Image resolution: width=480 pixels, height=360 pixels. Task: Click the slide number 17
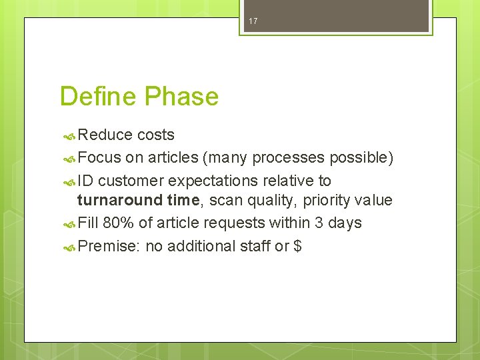point(253,22)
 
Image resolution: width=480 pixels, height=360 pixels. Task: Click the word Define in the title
point(95,97)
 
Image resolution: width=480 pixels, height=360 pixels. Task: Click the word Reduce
point(105,135)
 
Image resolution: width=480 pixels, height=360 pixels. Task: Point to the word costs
point(156,135)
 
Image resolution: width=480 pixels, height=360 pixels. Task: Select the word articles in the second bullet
point(173,157)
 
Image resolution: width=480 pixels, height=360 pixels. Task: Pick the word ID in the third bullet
point(85,180)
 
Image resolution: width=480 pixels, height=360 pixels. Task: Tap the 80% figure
point(120,223)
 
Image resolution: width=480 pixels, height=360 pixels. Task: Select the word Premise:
point(109,246)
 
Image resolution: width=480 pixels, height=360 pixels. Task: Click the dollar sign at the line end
point(297,246)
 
